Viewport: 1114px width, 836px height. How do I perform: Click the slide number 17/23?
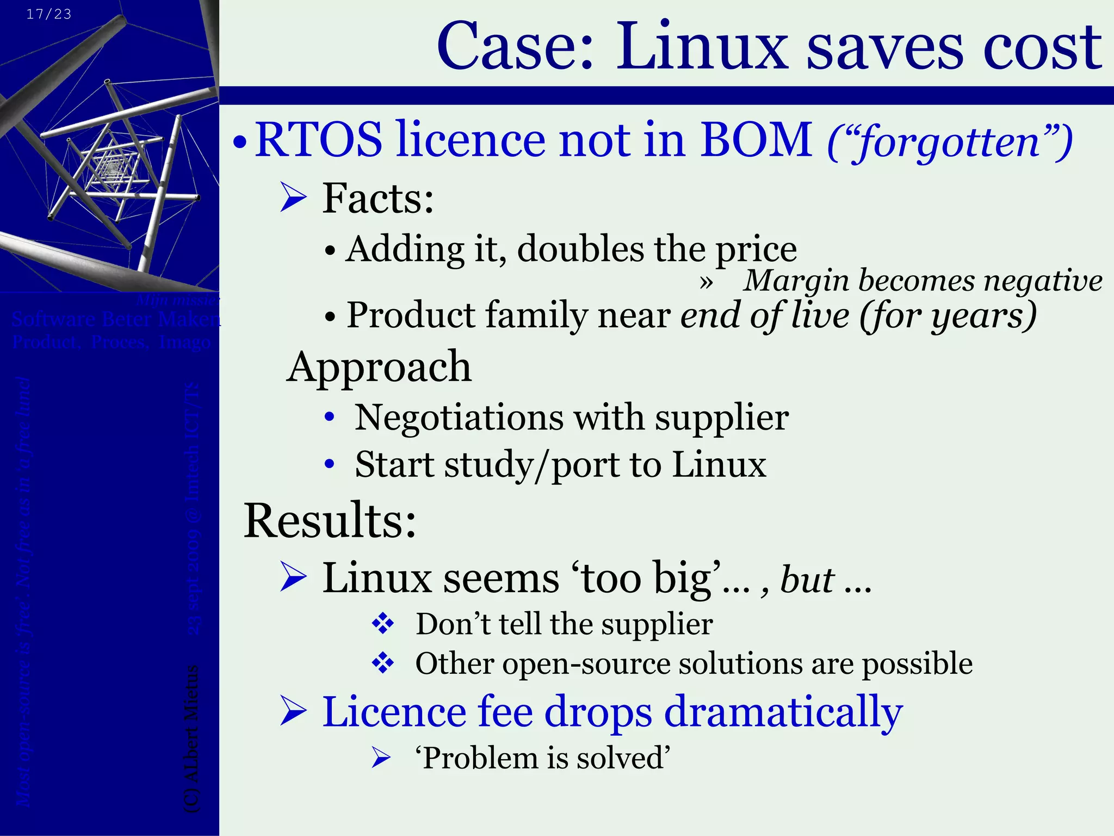[x=49, y=14]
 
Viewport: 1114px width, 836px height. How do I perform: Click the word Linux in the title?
[x=702, y=47]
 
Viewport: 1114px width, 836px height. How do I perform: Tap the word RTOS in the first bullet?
[x=319, y=139]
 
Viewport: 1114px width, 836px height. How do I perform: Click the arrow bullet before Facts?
[x=294, y=198]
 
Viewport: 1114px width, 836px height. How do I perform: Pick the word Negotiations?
[x=459, y=418]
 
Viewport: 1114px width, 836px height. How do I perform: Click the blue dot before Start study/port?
[x=329, y=465]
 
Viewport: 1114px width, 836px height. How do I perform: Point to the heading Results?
[x=330, y=520]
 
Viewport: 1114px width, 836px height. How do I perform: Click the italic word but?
[x=807, y=579]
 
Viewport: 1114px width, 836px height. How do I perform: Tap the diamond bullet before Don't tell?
[x=383, y=624]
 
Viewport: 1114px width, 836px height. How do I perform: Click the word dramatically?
[x=783, y=712]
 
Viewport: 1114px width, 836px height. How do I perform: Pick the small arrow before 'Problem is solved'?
[x=381, y=758]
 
